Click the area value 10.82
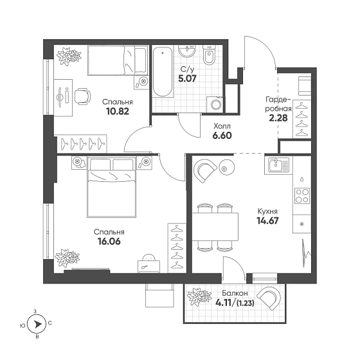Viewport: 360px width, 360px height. pos(118,111)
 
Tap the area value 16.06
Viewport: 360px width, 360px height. pos(109,242)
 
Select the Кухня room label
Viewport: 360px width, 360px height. pos(267,212)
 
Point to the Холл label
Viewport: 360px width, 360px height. pos(222,126)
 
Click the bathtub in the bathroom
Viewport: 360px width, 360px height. pos(163,72)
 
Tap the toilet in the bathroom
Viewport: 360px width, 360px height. pos(209,55)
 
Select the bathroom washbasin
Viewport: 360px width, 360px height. pos(187,51)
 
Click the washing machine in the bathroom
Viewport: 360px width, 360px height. pos(215,104)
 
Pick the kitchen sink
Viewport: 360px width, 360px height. pos(276,165)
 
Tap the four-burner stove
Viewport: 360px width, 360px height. pos(302,195)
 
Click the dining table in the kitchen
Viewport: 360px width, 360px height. pos(215,227)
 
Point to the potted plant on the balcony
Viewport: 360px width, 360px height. pos(199,297)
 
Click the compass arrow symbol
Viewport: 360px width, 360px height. pos(37,324)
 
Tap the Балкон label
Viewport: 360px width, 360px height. pos(235,293)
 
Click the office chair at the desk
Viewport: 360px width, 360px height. pos(82,96)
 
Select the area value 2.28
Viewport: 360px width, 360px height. pos(278,118)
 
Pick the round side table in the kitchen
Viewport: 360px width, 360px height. pos(227,168)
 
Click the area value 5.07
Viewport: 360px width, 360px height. pos(187,78)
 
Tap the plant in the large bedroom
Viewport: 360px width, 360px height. pos(67,258)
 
